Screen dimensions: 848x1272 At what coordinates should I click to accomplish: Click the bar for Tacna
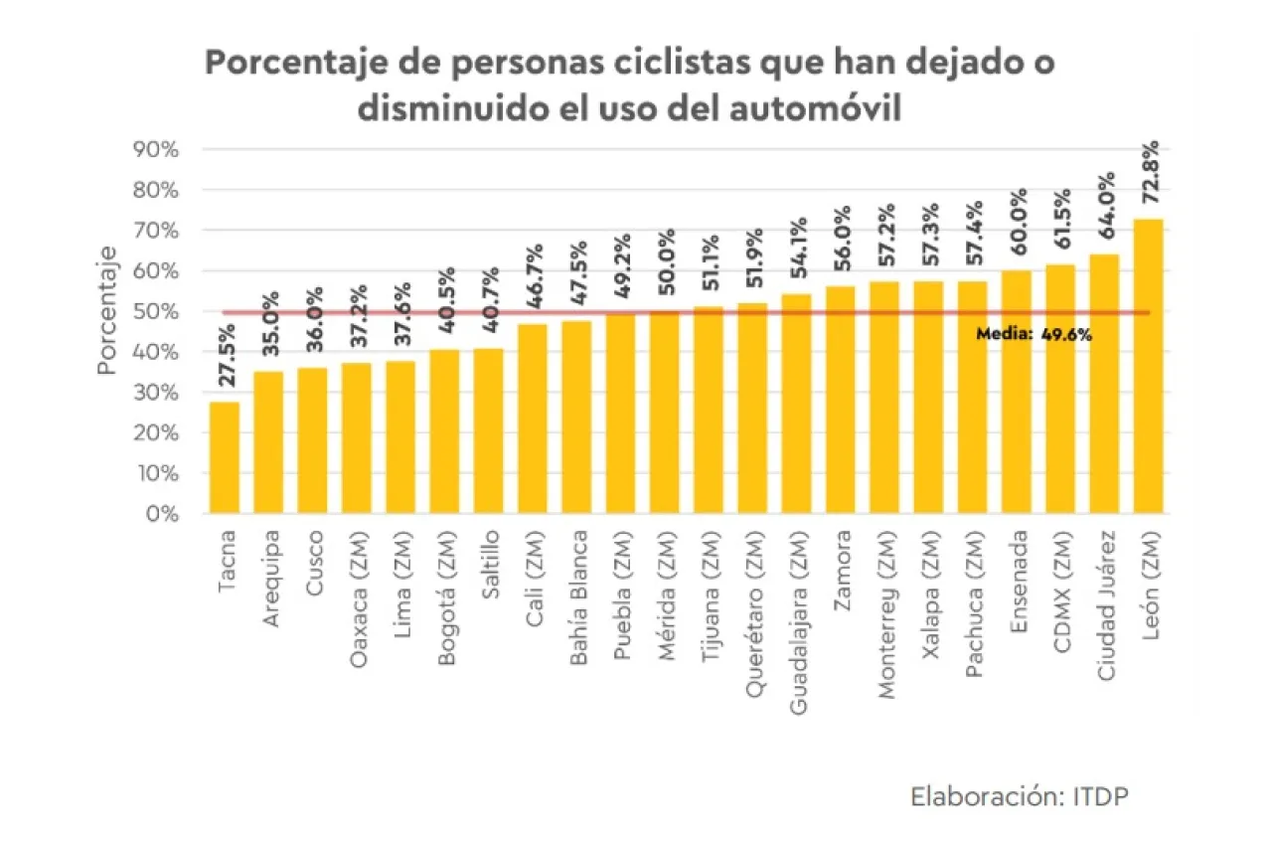point(225,458)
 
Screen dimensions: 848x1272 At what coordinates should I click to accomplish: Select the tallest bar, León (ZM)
point(1148,367)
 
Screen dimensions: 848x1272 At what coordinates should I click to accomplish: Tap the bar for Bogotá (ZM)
point(444,431)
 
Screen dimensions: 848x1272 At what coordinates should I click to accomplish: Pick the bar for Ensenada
point(1016,393)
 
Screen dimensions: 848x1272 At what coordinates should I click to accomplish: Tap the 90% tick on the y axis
point(154,149)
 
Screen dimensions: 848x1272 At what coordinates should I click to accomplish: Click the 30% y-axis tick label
point(154,393)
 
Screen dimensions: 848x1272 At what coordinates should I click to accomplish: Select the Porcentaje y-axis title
point(108,310)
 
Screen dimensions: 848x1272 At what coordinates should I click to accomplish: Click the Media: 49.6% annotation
point(1033,335)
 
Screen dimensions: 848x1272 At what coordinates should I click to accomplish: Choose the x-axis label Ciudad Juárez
point(1106,605)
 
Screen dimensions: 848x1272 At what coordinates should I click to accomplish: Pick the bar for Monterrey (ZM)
point(884,398)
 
